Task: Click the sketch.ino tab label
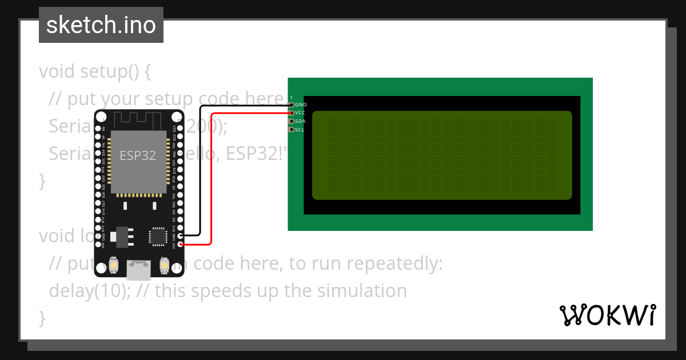[x=101, y=25]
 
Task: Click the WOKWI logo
[x=608, y=315]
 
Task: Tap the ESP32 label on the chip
[x=138, y=155]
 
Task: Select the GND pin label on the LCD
[x=301, y=105]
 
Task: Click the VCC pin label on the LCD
[x=300, y=113]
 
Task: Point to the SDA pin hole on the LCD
[x=292, y=121]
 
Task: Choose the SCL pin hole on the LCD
[x=292, y=130]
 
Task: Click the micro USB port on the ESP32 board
[x=139, y=269]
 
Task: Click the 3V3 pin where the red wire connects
[x=181, y=245]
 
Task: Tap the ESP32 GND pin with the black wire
[x=181, y=235]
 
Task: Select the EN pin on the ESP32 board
[x=98, y=129]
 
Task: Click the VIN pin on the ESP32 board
[x=98, y=245]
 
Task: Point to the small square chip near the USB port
[x=158, y=236]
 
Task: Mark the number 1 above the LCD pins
[x=291, y=98]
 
